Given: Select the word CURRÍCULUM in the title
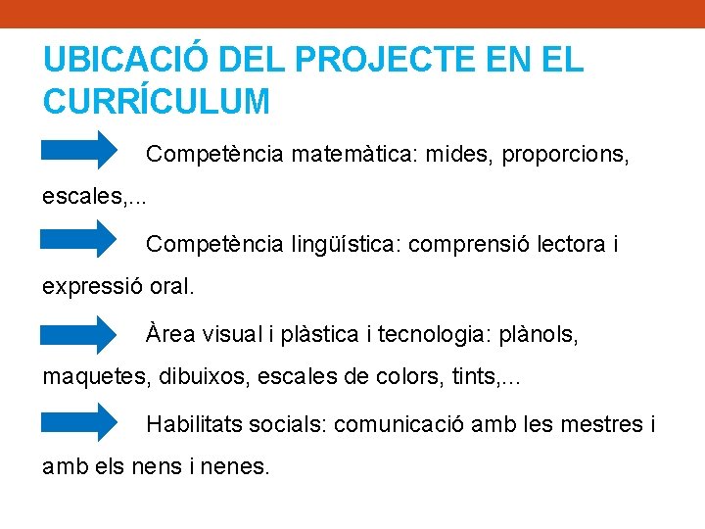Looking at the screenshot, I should (x=157, y=101).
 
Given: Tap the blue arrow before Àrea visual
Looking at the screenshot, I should (x=78, y=334).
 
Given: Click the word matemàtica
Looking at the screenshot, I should (x=368, y=154).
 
